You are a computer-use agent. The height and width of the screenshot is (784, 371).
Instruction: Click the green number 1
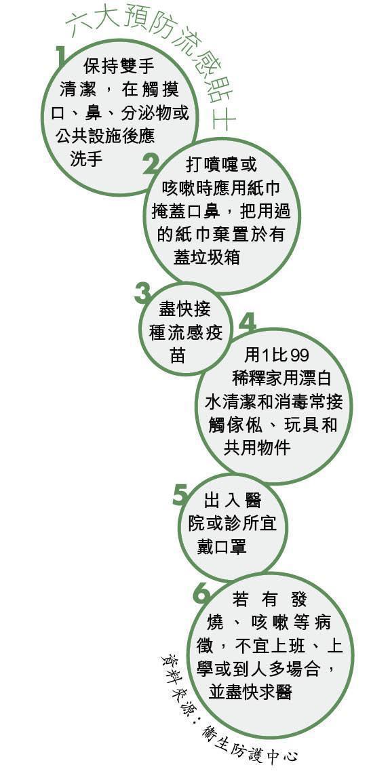[x=61, y=56]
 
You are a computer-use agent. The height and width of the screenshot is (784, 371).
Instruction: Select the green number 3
[x=142, y=294]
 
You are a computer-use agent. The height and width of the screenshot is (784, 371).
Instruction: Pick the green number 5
[x=180, y=494]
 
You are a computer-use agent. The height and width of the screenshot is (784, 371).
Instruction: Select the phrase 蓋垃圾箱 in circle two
[x=207, y=256]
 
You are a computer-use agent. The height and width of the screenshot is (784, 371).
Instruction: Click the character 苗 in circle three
[x=178, y=355]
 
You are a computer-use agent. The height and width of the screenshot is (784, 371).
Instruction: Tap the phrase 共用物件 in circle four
[x=257, y=447]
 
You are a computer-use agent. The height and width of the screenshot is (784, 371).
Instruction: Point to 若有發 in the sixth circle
[x=269, y=600]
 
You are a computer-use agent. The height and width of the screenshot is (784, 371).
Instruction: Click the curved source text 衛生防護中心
[x=250, y=743]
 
